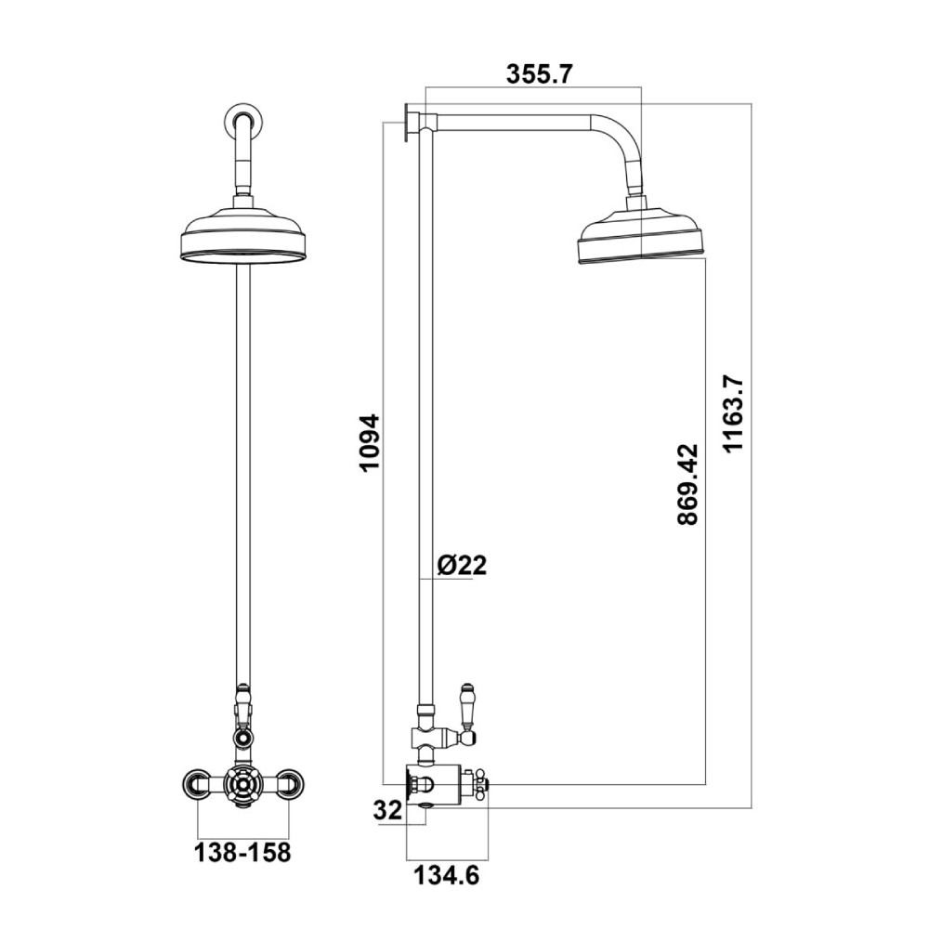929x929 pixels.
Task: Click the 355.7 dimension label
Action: (x=539, y=74)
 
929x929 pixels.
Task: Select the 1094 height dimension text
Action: (x=370, y=442)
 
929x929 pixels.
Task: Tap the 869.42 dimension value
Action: (x=687, y=484)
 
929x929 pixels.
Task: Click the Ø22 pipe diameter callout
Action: (x=462, y=565)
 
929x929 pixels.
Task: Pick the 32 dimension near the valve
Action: (x=387, y=810)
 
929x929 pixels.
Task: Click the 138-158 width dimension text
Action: (x=242, y=853)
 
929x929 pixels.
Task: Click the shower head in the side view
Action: (x=641, y=235)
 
